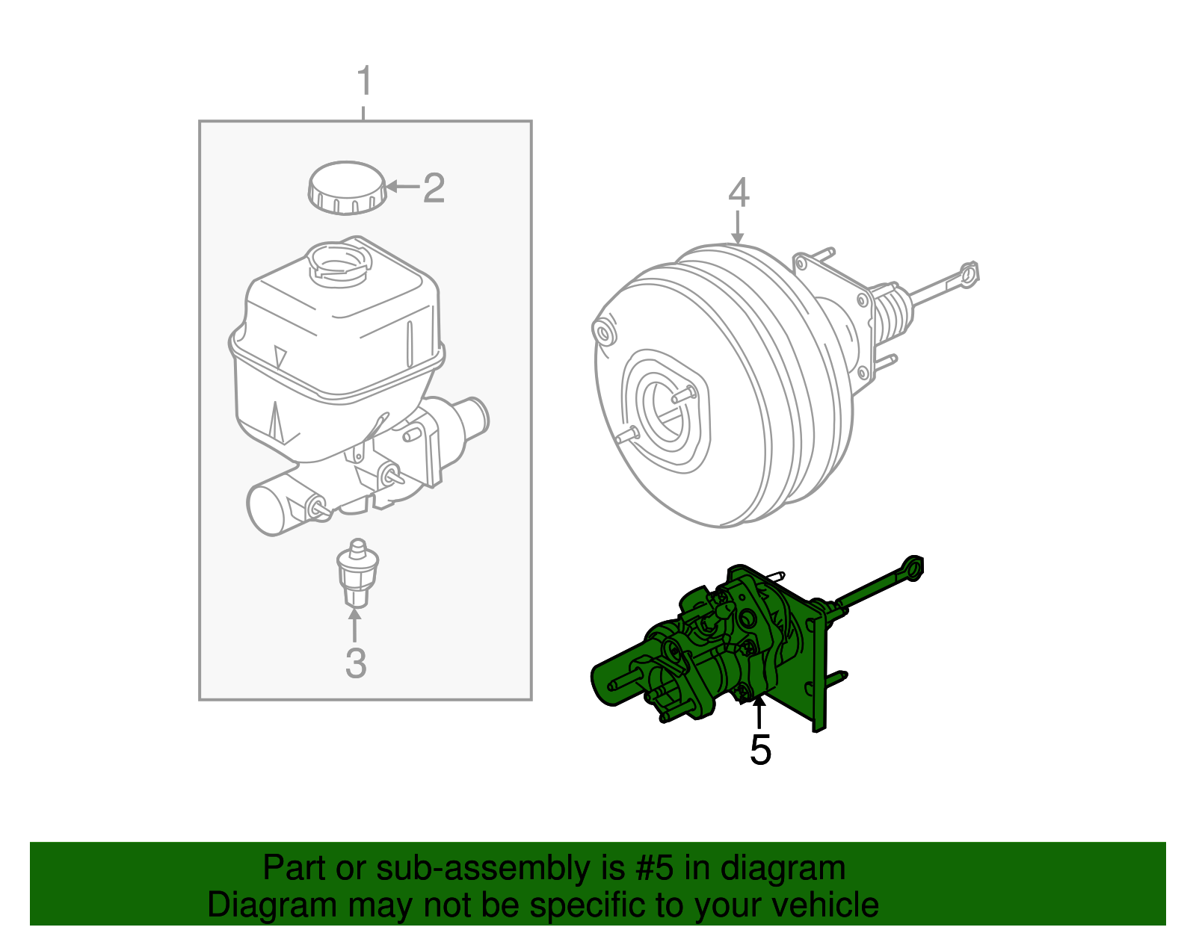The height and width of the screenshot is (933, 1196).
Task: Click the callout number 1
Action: [x=364, y=81]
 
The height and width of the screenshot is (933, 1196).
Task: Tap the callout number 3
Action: [x=356, y=663]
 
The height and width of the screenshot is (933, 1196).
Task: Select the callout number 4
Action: [x=738, y=193]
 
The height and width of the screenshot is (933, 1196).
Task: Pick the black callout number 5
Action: [x=759, y=750]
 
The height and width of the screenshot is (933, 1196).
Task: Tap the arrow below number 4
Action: [x=738, y=227]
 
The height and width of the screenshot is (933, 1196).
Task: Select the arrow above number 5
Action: [x=759, y=713]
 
